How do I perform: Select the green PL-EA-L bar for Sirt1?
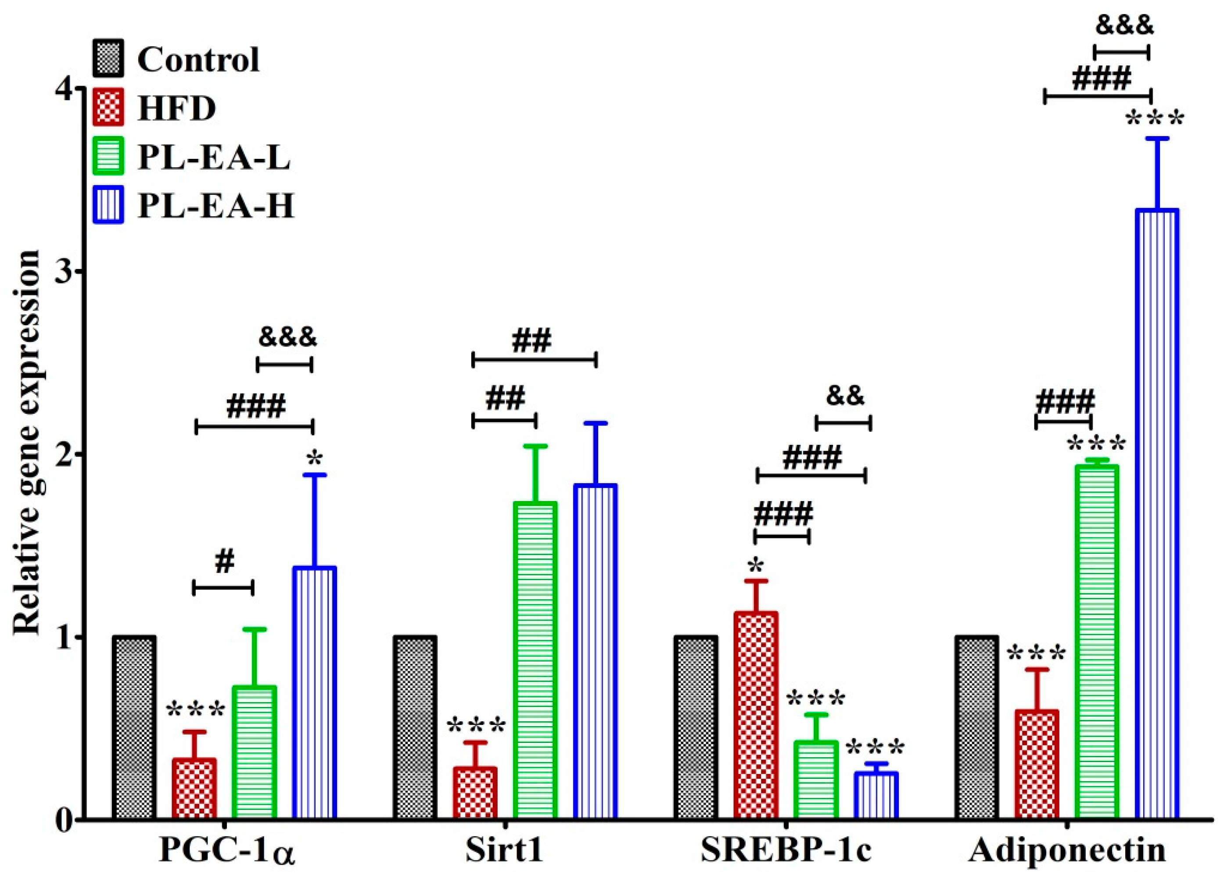(x=535, y=661)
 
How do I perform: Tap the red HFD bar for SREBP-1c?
(x=756, y=716)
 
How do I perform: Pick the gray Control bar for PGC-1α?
(x=134, y=728)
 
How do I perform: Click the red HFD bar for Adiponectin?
(x=1036, y=765)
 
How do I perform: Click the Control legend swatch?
(x=108, y=58)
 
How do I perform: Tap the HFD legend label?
(x=176, y=108)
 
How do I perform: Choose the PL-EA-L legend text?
(x=214, y=158)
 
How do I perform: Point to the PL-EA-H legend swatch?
(x=108, y=205)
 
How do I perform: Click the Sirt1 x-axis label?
(x=504, y=851)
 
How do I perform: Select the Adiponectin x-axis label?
(x=1067, y=851)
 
